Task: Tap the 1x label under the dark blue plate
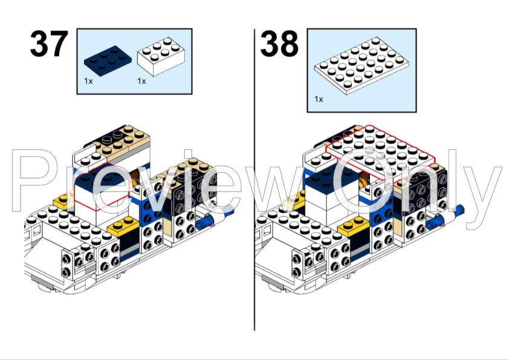coord(88,81)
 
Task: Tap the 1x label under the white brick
coord(141,81)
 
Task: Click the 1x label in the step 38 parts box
coord(319,98)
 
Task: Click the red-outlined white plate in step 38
coord(381,148)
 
